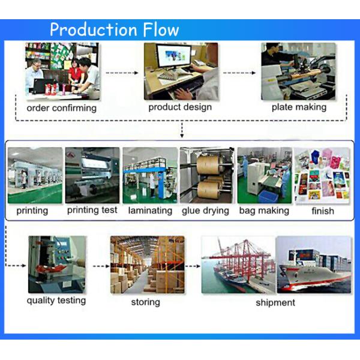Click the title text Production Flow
click(115, 29)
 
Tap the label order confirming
click(62, 108)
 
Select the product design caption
click(180, 107)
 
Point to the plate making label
click(299, 107)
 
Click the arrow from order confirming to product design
click(122, 73)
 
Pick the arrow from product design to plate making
click(239, 73)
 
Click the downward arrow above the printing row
click(182, 130)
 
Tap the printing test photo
click(92, 175)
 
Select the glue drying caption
click(205, 211)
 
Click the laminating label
click(150, 211)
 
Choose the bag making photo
click(265, 175)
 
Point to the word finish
click(323, 211)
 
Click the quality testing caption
click(56, 301)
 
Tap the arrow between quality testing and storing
click(101, 266)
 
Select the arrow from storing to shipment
click(193, 266)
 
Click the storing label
click(146, 302)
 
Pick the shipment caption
click(275, 302)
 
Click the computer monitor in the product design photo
click(173, 56)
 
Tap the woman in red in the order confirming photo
click(75, 73)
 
